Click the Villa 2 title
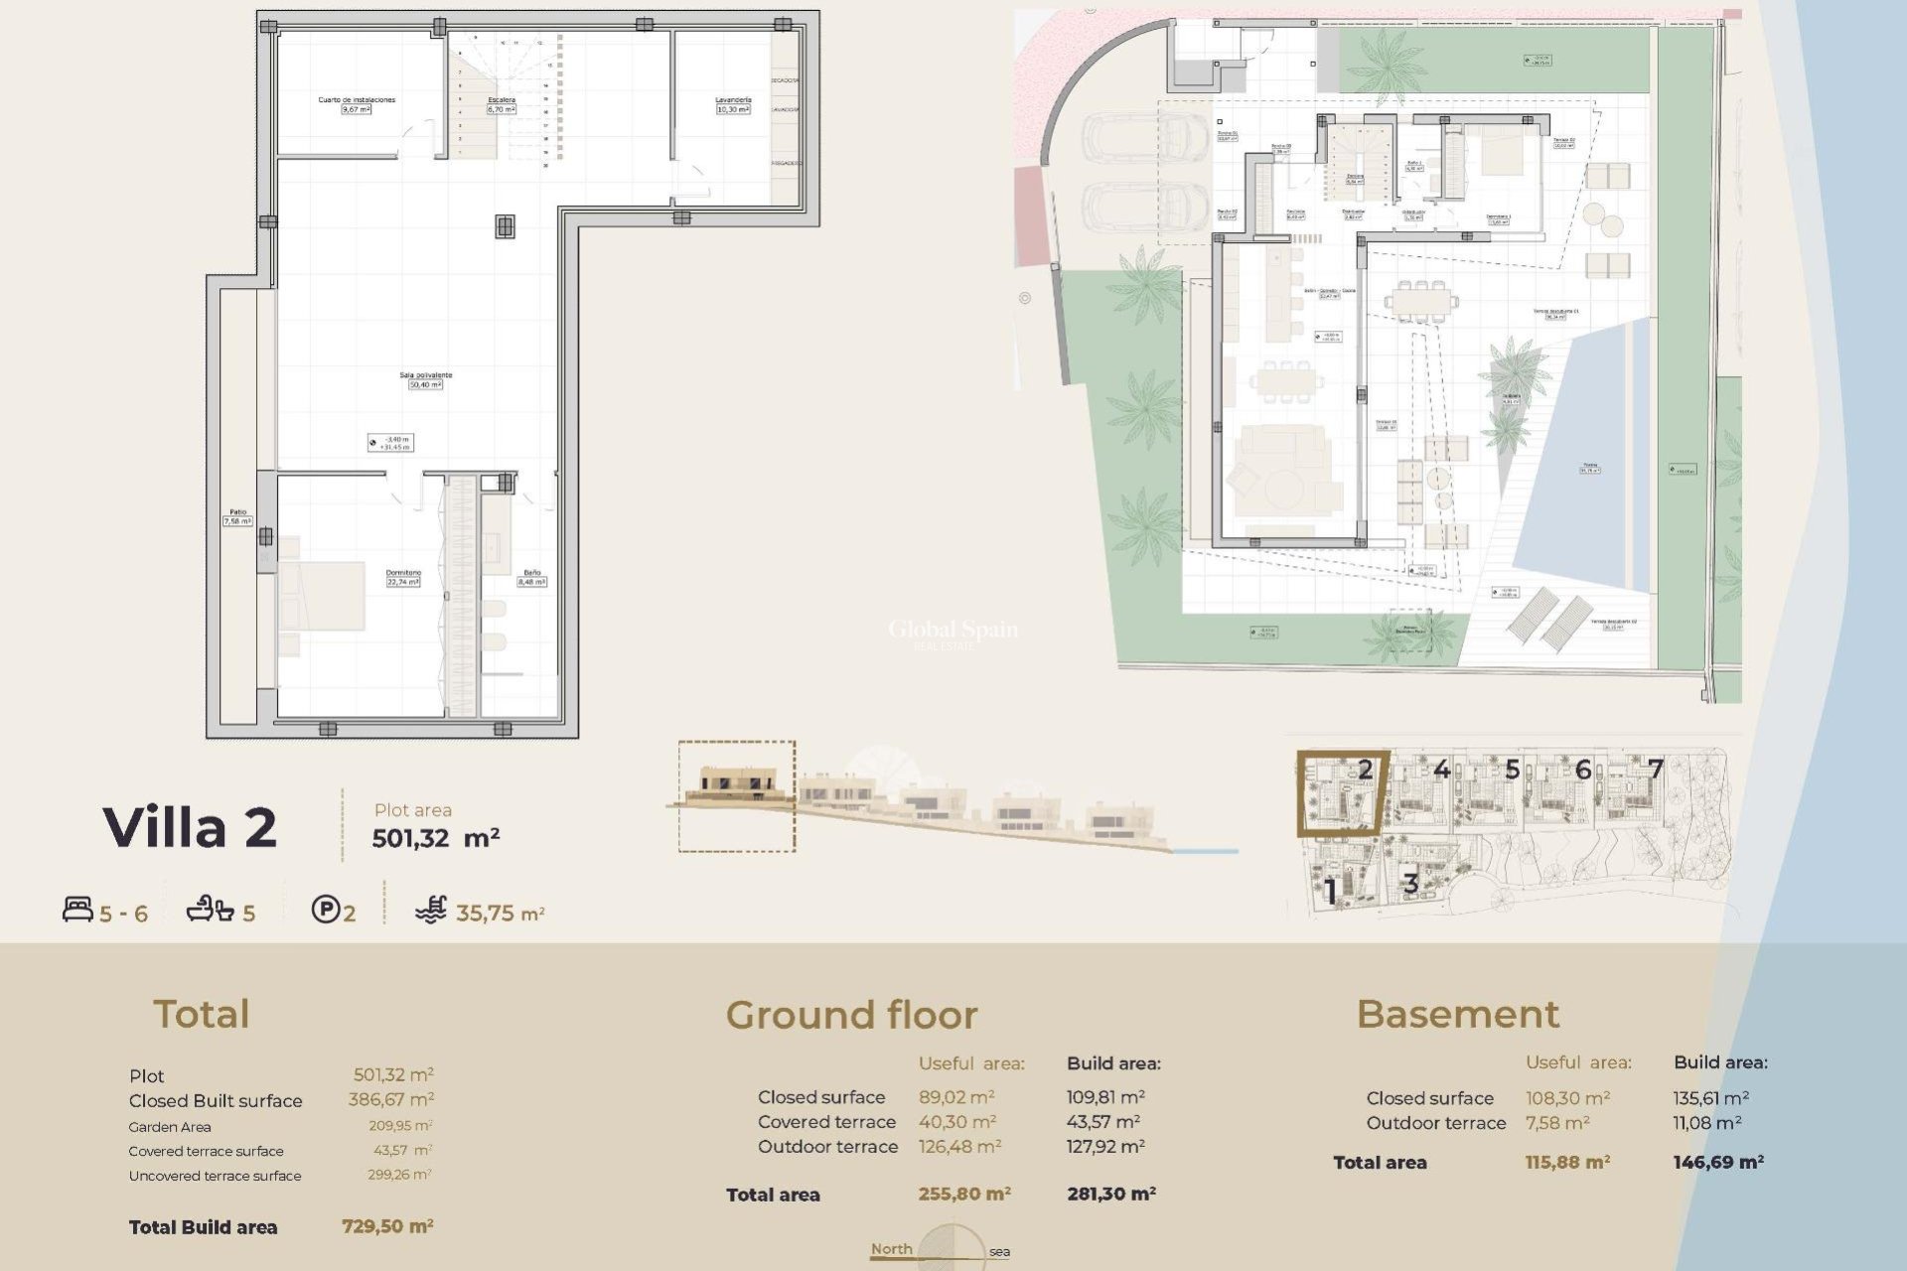pos(190,827)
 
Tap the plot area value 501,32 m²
pos(435,838)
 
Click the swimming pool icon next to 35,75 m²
pos(431,910)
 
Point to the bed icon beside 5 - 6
pos(77,909)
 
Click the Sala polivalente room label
pos(425,374)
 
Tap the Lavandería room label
pos(733,100)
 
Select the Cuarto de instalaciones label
pos(357,99)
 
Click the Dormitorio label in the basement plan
pos(403,573)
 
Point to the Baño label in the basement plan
pos(532,573)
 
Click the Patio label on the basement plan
pos(237,512)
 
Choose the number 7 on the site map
pos(1655,769)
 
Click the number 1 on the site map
pos(1331,891)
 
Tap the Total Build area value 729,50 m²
pos(387,1226)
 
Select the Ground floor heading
pos(851,1015)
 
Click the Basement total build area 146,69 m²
pos(1717,1162)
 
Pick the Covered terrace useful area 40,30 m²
pos(956,1122)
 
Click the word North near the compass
pos(891,1249)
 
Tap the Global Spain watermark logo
pos(952,630)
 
